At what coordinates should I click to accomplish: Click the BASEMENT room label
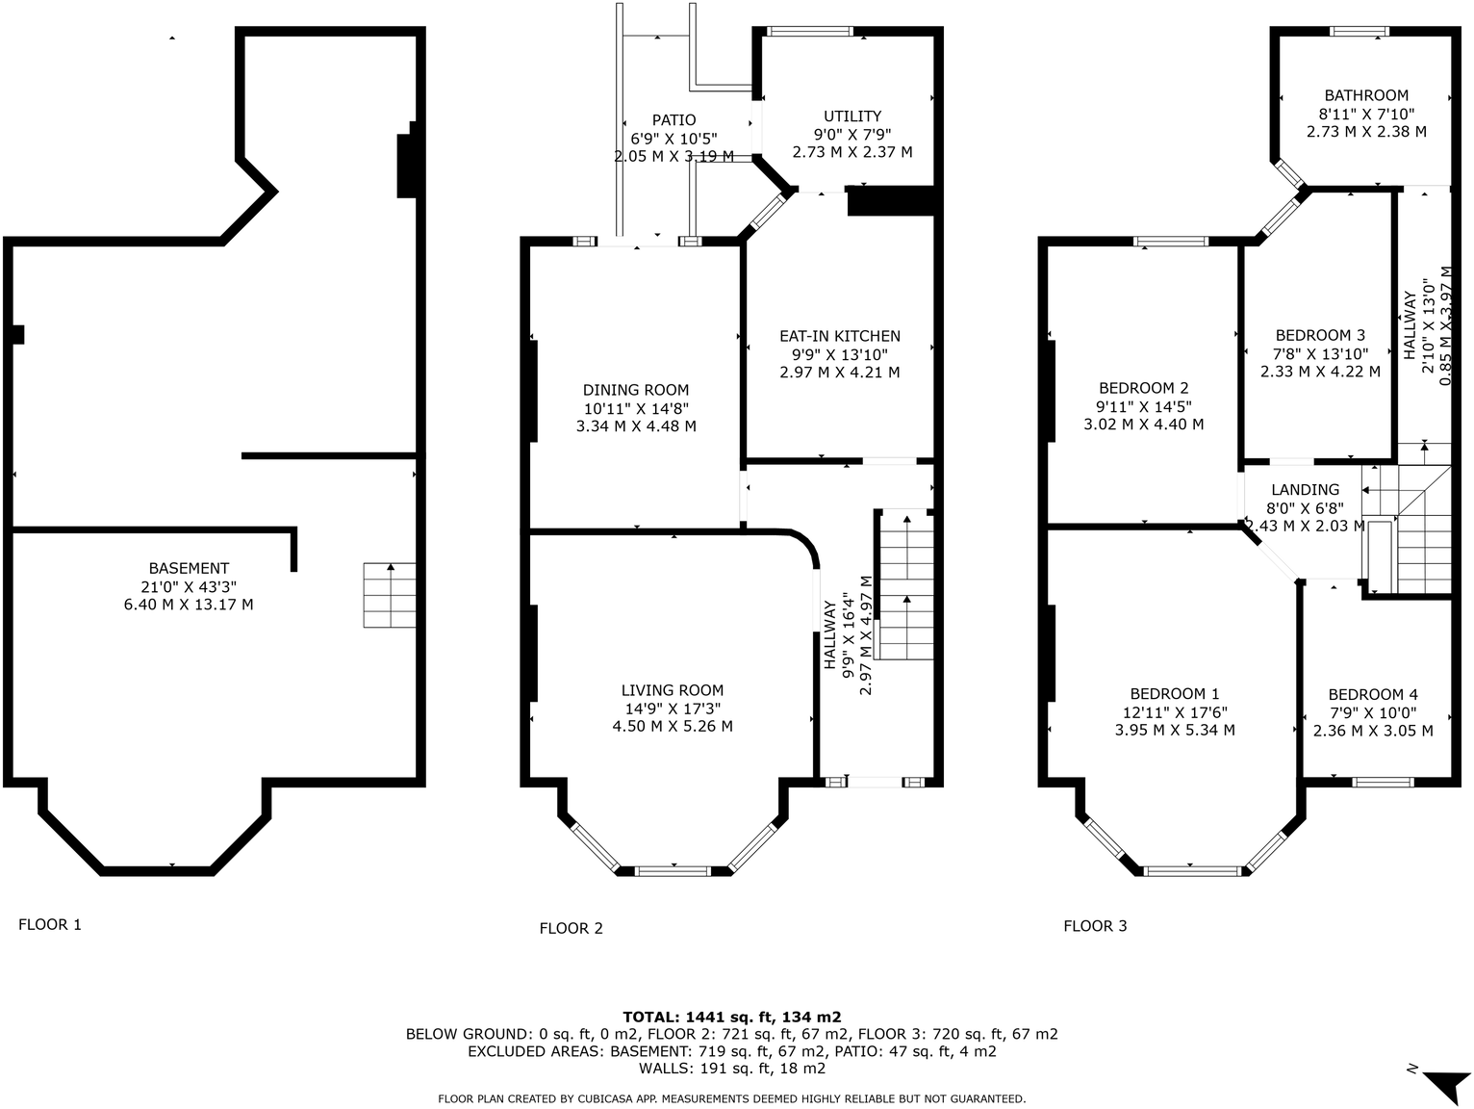189,568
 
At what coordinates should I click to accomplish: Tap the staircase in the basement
390,595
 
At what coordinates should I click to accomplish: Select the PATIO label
673,120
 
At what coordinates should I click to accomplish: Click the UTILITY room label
852,116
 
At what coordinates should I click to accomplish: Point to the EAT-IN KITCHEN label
839,336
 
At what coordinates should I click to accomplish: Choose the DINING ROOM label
636,390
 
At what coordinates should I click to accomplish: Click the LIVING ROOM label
673,690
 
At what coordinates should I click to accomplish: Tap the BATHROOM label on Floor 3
1366,95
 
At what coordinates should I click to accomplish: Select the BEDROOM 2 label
1144,388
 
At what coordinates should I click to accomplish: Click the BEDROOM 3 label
1320,334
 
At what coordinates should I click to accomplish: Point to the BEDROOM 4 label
1373,694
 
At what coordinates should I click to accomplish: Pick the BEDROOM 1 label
1175,694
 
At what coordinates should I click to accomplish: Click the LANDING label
1306,490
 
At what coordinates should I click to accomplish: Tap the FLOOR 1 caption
50,924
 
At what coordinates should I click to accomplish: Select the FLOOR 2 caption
571,928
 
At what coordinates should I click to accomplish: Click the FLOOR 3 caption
1095,926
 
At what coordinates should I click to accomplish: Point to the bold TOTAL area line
732,1017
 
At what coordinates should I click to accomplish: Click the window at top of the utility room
810,31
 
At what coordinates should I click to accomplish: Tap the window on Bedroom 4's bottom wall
1383,782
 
